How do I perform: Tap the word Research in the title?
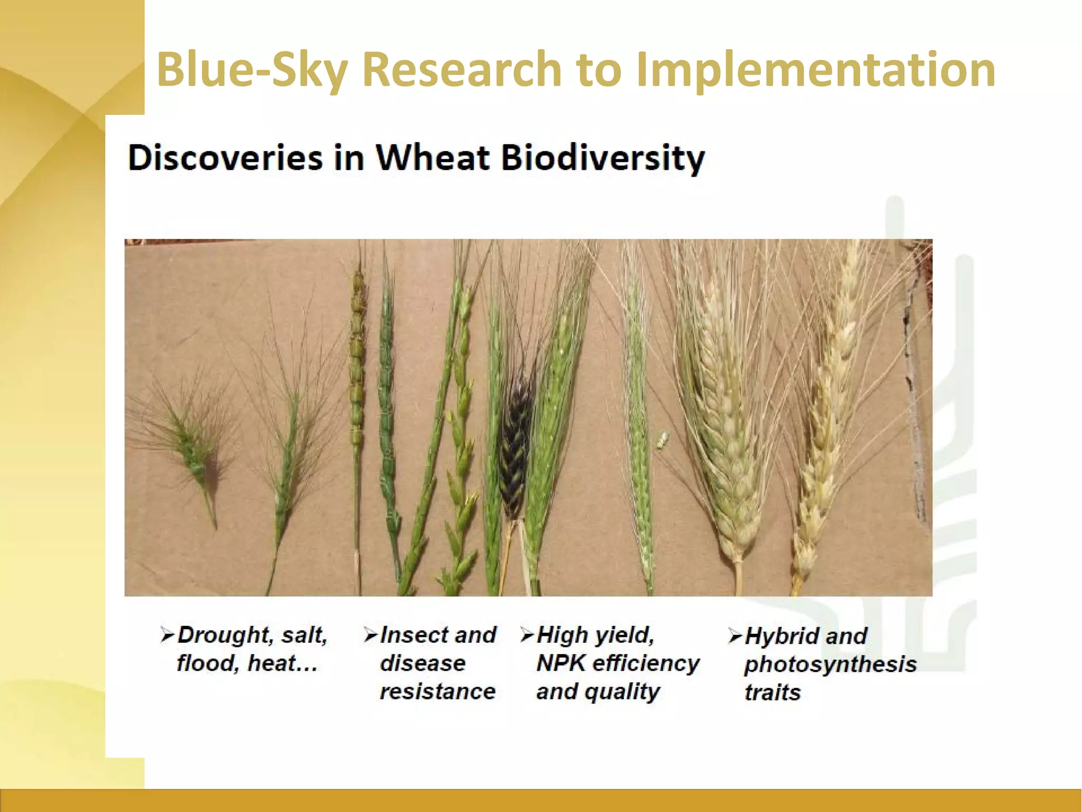461,70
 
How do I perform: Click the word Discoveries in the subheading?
225,158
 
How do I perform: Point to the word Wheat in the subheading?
433,158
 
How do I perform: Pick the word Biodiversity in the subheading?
603,158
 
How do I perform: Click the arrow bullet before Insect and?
370,634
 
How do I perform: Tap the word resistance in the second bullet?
437,691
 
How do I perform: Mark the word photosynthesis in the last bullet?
830,665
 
